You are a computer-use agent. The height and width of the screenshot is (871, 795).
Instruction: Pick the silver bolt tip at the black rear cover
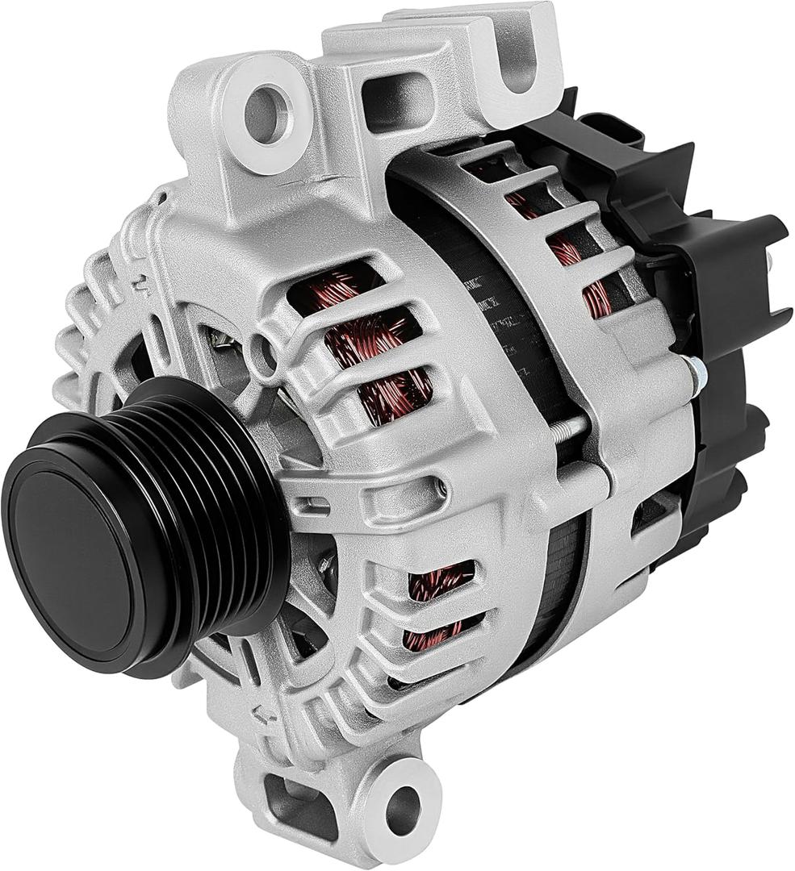pos(696,372)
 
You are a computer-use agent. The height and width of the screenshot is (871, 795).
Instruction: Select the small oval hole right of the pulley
pos(439,487)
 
